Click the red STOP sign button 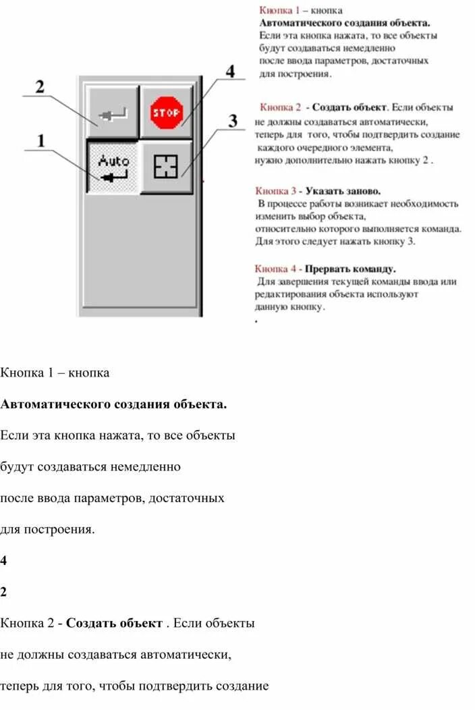coord(165,113)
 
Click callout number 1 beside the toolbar coord(41,141)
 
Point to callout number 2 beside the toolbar coord(40,87)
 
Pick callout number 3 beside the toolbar coord(233,121)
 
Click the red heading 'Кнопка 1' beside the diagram coord(279,11)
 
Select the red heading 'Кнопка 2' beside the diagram coord(280,107)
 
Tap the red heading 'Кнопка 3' coord(276,191)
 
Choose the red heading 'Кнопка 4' coord(275,269)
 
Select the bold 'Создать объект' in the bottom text coord(114,623)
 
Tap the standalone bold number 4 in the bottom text coord(3,560)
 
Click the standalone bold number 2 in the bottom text coord(3,592)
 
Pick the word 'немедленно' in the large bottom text coord(146,466)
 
